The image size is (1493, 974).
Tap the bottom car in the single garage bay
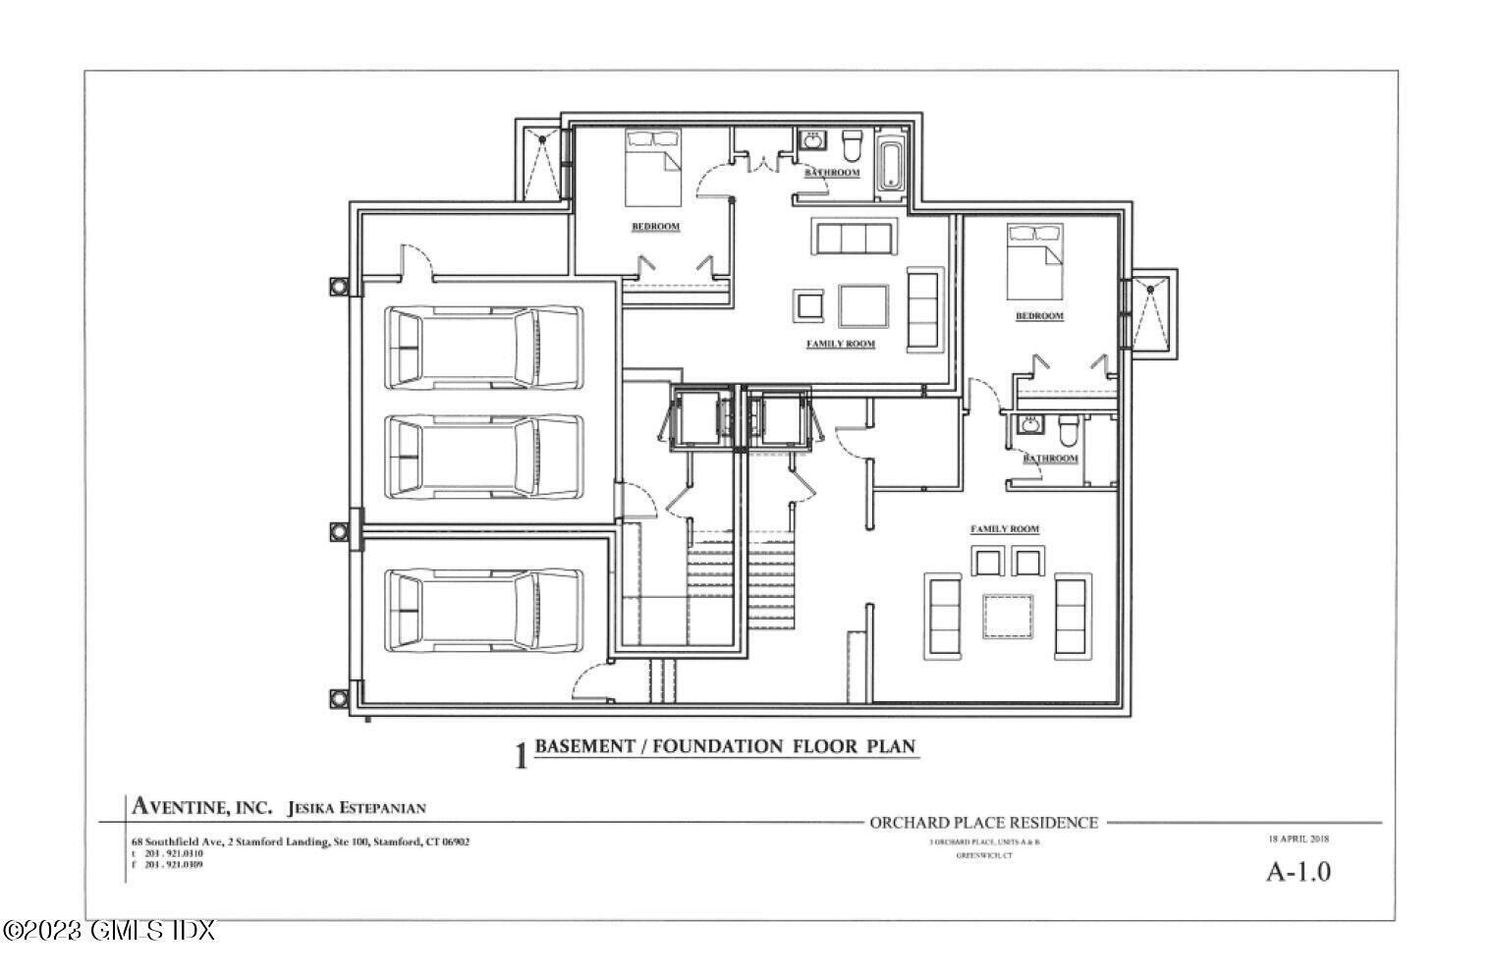[x=483, y=610]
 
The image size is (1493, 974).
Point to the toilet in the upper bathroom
[x=852, y=145]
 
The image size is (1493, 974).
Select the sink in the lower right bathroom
[x=1028, y=425]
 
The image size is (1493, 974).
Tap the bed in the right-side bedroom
[x=1034, y=259]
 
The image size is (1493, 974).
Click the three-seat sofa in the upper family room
[x=853, y=237]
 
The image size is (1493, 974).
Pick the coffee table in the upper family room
[x=863, y=306]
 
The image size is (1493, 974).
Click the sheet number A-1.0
[x=1298, y=871]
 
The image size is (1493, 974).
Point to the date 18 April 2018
[x=1298, y=839]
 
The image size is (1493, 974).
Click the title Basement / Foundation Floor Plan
[x=725, y=746]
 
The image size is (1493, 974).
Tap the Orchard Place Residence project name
[x=983, y=823]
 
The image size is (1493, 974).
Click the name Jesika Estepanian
[x=357, y=808]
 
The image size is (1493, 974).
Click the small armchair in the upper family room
[x=808, y=305]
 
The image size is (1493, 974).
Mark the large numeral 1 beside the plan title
[x=521, y=756]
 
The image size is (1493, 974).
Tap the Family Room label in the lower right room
[x=1004, y=529]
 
